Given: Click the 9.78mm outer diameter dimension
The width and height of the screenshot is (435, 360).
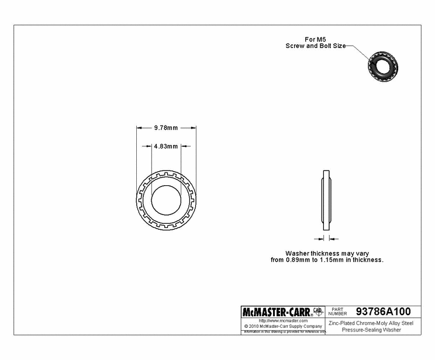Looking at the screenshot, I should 165,128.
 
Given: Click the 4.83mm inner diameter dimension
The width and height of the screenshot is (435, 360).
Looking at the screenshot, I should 165,147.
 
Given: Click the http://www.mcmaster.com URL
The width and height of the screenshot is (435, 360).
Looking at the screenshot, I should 283,321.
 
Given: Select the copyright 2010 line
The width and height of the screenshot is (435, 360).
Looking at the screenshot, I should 283,326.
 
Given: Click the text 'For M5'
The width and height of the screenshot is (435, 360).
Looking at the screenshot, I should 314,39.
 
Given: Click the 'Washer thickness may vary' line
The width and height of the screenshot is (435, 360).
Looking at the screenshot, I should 326,254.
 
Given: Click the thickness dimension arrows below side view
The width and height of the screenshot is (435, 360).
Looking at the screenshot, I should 326,238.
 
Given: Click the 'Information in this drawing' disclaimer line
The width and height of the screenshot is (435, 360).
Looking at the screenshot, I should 283,332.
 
